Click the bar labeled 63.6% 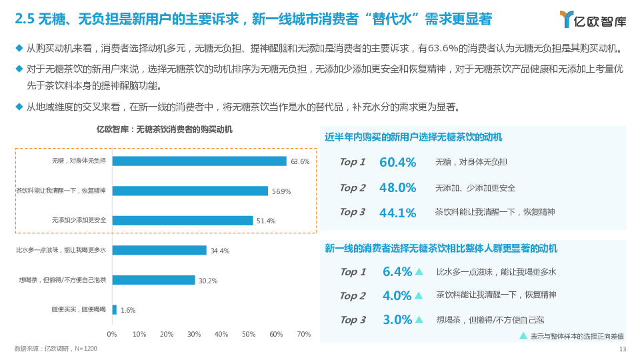(199, 161)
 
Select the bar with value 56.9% (190, 191)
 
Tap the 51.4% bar (183, 220)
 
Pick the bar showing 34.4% (159, 250)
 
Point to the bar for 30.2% (153, 280)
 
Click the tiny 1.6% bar (115, 309)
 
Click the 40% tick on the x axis (221, 334)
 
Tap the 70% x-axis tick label (303, 334)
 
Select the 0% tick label (112, 334)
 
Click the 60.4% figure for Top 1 (397, 162)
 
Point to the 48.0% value (397, 188)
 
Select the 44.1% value (397, 213)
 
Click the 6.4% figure (397, 272)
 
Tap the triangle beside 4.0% (419, 295)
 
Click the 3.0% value (397, 320)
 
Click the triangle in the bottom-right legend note (523, 336)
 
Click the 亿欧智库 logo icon (567, 19)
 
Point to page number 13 (623, 349)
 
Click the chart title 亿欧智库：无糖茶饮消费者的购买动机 (165, 129)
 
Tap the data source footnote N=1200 (56, 349)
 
